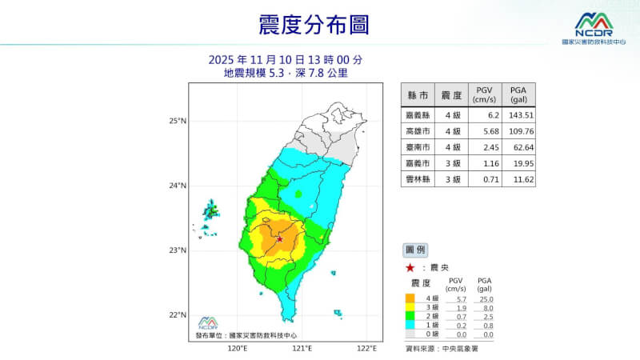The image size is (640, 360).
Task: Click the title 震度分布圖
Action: (314, 24)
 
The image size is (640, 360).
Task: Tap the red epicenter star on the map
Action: (279, 238)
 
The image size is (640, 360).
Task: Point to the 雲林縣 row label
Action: (417, 178)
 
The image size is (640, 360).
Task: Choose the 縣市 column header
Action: (417, 95)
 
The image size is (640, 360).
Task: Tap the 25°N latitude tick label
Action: (178, 122)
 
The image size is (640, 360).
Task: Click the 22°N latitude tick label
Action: (178, 315)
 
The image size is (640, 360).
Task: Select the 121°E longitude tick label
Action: (302, 350)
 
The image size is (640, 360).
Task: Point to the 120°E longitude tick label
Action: (237, 350)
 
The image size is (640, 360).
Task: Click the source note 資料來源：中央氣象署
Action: (441, 349)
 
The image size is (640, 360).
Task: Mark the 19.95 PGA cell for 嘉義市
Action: (519, 162)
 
